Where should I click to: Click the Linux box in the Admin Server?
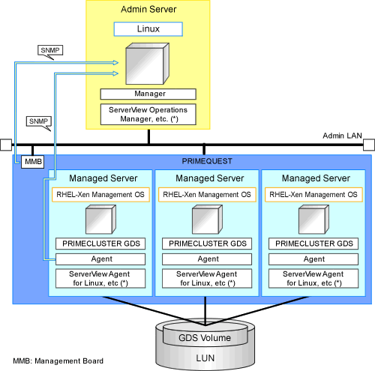(148, 29)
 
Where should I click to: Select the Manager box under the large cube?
(148, 94)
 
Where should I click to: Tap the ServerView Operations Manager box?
(148, 115)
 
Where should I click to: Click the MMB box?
(33, 162)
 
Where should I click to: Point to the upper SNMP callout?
(50, 51)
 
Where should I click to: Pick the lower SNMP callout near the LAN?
(39, 121)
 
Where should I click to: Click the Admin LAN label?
(342, 136)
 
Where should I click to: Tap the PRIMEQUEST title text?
(207, 161)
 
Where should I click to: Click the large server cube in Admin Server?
(148, 64)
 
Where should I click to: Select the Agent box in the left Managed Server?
(100, 259)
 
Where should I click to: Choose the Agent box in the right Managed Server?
(313, 259)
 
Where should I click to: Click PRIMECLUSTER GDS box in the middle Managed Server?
(207, 244)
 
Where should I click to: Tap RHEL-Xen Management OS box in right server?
(313, 195)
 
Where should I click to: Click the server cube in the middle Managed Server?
(207, 220)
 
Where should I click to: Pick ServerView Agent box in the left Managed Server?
(100, 279)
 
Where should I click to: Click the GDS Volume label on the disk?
(205, 338)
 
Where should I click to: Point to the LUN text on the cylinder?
(205, 358)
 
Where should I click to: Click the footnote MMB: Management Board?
(58, 361)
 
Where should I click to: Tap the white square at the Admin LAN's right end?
(369, 145)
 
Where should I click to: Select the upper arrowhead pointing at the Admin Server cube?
(115, 62)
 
